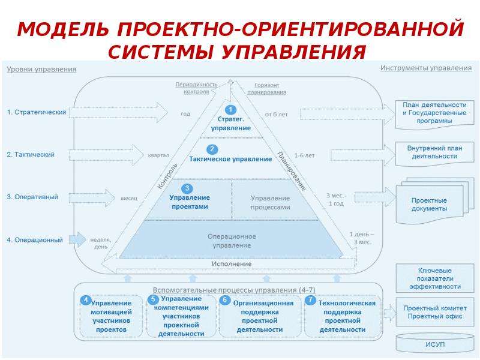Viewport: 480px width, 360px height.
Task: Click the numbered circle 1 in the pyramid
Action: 230,110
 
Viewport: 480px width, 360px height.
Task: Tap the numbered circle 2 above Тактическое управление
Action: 212,149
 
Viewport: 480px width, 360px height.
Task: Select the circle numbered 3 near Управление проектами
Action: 187,188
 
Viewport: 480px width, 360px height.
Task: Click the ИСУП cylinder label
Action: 434,344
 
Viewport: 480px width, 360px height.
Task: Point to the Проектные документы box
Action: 429,204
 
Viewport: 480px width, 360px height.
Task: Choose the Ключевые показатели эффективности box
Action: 434,278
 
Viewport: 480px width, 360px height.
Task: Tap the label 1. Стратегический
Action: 37,112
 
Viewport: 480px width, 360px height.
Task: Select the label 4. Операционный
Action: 35,240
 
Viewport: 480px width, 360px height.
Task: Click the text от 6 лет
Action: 277,114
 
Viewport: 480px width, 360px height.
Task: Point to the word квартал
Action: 158,155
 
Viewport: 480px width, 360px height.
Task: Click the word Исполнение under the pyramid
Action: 232,263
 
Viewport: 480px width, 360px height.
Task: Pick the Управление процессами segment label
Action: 271,203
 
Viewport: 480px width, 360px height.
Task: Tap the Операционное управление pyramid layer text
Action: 232,241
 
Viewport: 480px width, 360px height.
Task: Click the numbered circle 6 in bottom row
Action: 224,299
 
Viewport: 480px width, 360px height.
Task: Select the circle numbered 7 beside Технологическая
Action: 310,299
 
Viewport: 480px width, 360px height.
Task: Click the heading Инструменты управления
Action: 426,68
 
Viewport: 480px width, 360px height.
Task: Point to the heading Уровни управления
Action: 41,69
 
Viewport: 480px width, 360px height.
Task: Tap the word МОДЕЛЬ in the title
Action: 63,29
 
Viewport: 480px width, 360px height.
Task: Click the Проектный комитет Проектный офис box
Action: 434,312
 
